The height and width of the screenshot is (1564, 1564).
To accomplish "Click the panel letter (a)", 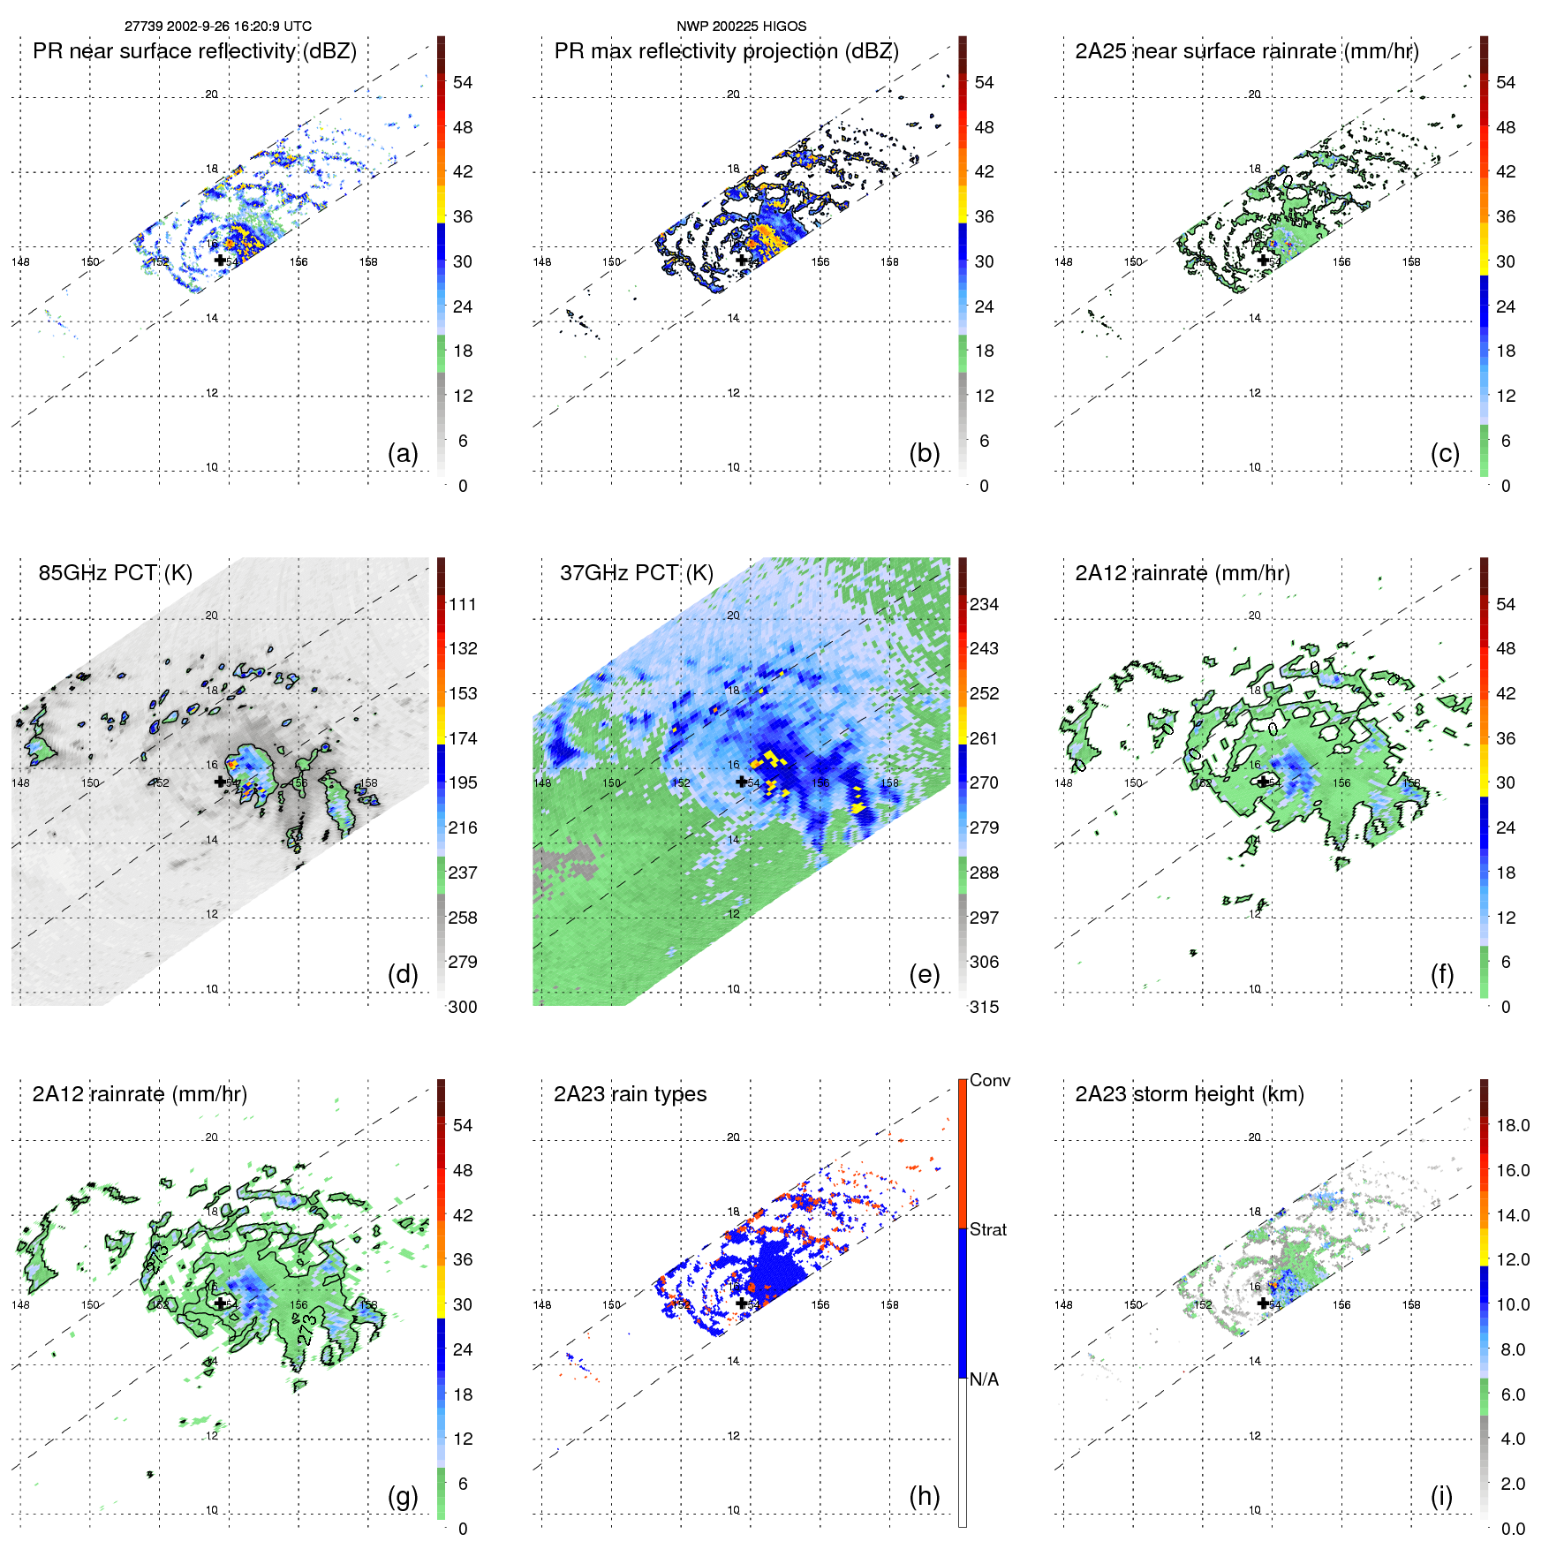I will coord(403,454).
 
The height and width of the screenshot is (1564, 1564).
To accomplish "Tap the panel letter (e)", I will coord(924,975).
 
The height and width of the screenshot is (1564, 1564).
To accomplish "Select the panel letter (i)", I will coord(1441,1496).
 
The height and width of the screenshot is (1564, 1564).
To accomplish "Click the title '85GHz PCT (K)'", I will coord(115,573).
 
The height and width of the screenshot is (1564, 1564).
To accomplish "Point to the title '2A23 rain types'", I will coord(630,1094).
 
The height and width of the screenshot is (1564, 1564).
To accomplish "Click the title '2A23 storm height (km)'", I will coord(1189,1094).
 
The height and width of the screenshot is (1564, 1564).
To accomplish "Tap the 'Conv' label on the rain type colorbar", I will coord(989,1080).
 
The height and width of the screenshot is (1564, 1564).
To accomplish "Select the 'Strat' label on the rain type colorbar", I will coord(987,1229).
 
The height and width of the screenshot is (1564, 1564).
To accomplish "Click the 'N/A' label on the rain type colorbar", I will coord(984,1379).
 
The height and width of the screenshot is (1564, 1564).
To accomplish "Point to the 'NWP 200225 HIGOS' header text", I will coord(741,26).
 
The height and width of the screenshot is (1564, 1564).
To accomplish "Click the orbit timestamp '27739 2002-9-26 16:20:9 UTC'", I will coord(217,26).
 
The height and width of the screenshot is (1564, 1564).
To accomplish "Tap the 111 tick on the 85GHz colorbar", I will coord(463,604).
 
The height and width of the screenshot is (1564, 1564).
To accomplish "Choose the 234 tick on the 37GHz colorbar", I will coord(984,604).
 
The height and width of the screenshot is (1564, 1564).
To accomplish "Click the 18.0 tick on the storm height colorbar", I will coord(1512,1125).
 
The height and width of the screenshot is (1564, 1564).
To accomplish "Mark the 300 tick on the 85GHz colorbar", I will coord(463,1007).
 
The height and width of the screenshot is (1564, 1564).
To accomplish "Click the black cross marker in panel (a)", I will coord(220,260).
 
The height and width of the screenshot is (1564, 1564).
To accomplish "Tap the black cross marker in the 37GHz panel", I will coord(741,782).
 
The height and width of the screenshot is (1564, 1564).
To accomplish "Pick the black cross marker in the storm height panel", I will coord(1263,1303).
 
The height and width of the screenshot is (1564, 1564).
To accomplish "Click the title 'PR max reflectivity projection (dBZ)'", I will coord(726,51).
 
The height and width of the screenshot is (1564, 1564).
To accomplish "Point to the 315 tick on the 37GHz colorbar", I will coord(984,1007).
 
